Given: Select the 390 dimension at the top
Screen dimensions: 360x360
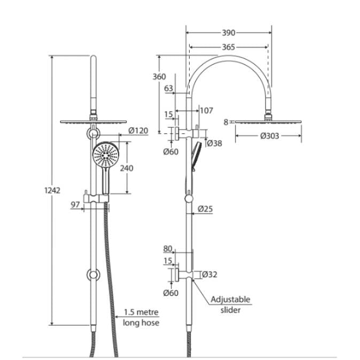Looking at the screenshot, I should tap(229, 33).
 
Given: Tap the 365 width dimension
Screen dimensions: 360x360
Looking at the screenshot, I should tap(228, 47).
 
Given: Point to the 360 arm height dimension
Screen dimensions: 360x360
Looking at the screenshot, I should tap(159, 77).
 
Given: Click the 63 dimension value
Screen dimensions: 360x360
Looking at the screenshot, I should tap(169, 89).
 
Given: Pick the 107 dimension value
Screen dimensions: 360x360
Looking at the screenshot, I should tap(206, 111).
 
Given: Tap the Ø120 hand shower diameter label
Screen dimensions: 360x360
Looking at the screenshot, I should tap(138, 131).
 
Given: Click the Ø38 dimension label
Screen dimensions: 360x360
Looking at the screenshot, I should tap(214, 143).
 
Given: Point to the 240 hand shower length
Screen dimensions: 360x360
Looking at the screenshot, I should tap(127, 168).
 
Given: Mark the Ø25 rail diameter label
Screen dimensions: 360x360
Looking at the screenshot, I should tap(205, 209).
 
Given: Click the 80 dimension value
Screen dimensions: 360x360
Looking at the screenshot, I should tap(169, 248).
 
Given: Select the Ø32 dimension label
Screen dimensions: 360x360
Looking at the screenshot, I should tap(209, 275).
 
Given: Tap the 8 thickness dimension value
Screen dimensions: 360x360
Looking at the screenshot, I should tap(226, 122).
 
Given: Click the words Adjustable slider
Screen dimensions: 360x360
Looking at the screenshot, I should tap(230, 304).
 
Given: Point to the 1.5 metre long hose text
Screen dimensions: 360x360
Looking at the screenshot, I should tap(141, 317).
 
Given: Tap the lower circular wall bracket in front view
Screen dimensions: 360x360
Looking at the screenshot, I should tap(93, 275).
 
